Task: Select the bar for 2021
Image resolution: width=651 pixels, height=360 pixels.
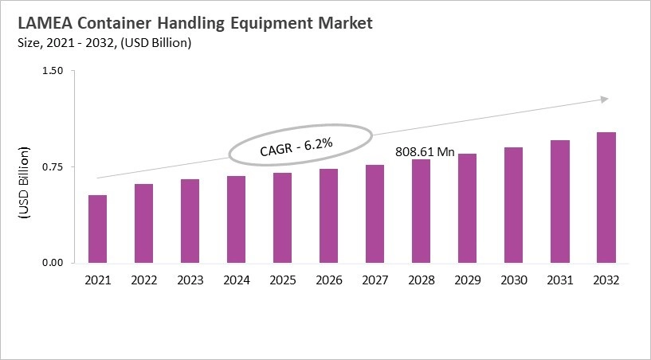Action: pos(97,229)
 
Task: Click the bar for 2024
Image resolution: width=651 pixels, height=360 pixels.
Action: pos(237,219)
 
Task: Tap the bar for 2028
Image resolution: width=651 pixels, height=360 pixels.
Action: pos(422,211)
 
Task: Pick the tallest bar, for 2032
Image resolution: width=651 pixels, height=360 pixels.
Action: pos(606,198)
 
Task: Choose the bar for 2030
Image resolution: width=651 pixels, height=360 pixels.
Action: pos(514,205)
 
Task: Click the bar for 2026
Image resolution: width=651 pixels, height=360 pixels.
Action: pos(329,216)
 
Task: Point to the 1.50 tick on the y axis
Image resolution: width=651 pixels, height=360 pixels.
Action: pos(52,71)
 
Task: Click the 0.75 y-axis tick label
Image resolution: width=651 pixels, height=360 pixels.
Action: pos(52,167)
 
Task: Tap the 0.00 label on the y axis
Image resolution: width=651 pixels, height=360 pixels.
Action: pos(52,263)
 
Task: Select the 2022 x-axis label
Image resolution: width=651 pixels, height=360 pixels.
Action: pos(143,280)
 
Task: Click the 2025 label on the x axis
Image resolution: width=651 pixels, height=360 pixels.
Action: pos(283,280)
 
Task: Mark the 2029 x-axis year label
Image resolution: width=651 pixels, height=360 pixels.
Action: pos(468,280)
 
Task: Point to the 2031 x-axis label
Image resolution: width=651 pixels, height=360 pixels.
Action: pos(560,280)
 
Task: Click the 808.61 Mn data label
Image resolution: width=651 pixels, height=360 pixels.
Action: pos(425,151)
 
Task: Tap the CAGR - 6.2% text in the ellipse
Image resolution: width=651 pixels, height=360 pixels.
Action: pos(296,146)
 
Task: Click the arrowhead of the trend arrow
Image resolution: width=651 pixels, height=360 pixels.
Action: pos(605,99)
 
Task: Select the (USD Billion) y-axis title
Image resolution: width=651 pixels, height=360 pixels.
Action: pos(23,182)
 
